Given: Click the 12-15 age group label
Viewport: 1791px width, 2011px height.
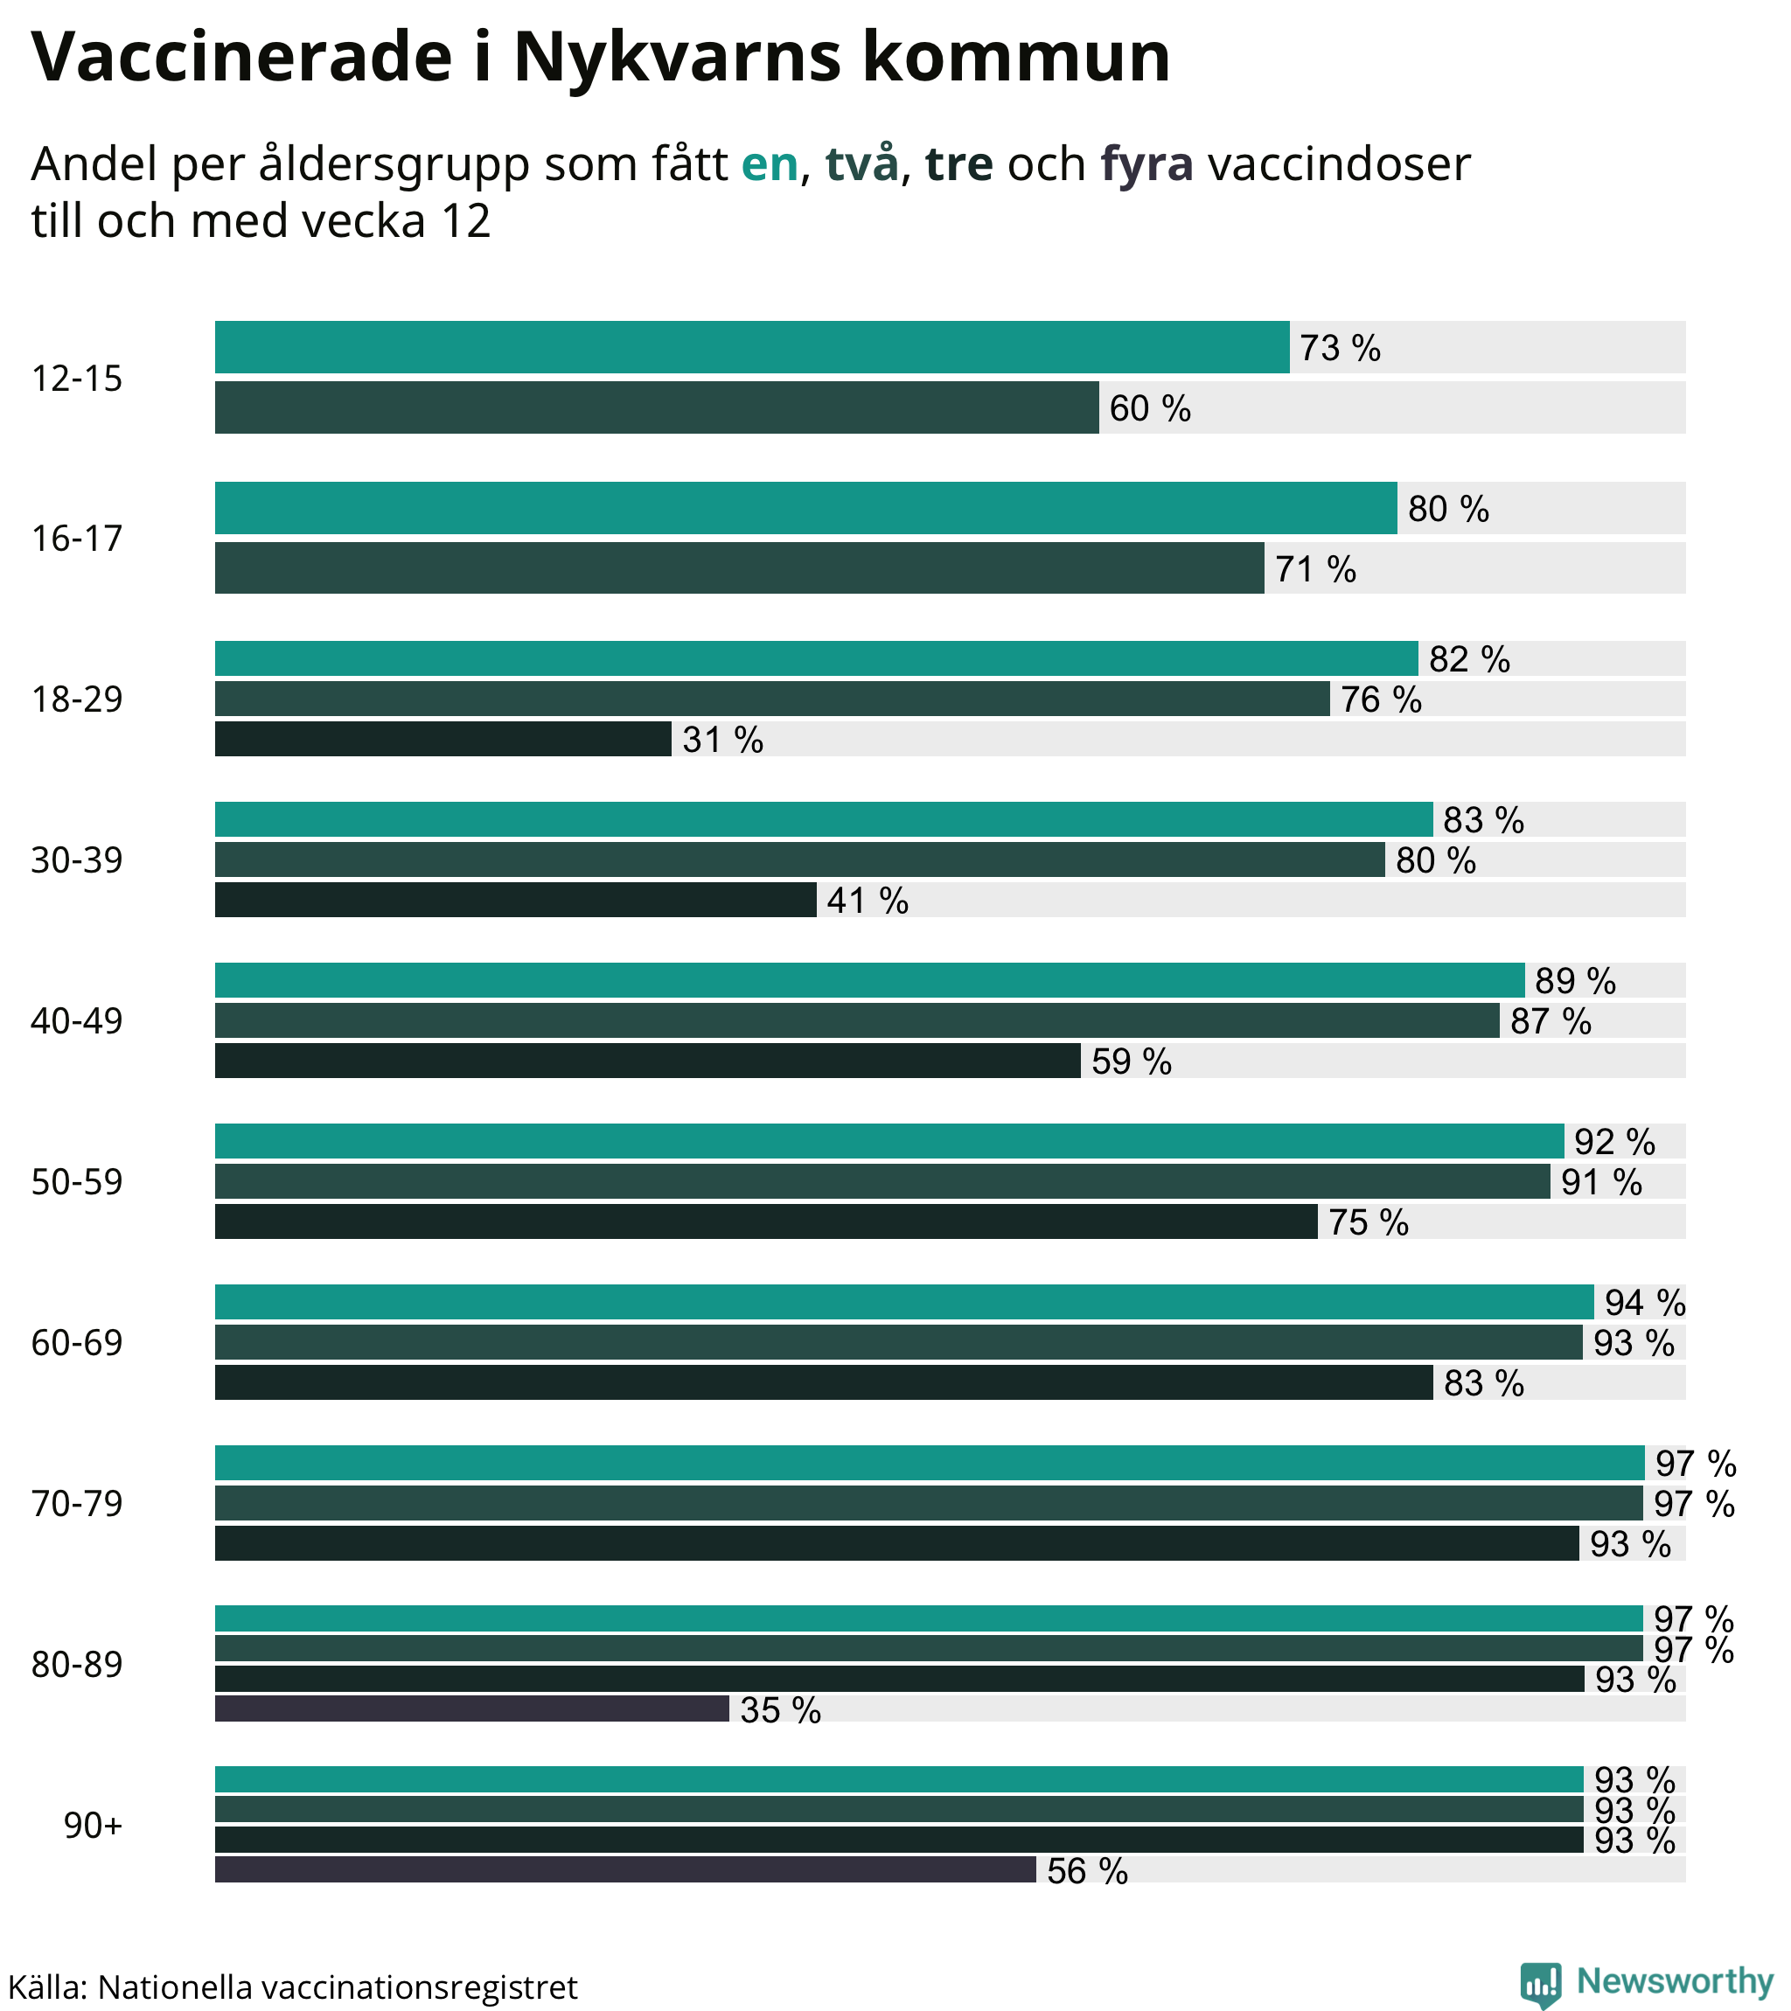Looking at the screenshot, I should tap(77, 379).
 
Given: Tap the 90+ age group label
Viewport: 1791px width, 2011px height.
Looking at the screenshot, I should tap(94, 1826).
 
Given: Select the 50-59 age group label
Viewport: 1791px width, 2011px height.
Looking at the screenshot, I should tap(77, 1181).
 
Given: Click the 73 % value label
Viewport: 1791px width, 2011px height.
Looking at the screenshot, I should tap(1339, 348).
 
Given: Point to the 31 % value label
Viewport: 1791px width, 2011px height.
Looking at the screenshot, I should tap(722, 740).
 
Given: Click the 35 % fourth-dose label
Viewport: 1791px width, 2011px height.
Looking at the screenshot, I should tap(780, 1711).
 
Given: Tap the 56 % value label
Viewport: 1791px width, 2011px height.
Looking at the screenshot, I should tap(1086, 1871).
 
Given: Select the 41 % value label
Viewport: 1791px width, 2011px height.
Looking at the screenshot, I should tap(867, 901).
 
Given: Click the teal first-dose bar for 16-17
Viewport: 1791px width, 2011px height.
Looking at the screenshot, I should tap(805, 509).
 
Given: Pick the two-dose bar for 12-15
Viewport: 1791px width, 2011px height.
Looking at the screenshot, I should tap(657, 408).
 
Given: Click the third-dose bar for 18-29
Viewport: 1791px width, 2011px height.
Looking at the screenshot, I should tap(443, 740).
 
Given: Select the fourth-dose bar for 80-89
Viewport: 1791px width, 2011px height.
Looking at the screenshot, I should tap(471, 1709).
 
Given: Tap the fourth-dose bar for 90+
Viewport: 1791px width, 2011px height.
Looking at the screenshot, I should tap(625, 1870).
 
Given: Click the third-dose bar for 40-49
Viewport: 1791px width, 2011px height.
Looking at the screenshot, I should tap(647, 1061).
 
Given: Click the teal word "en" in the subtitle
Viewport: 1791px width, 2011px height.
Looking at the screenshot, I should tap(769, 164).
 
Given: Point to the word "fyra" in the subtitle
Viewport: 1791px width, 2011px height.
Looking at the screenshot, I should tap(1146, 164).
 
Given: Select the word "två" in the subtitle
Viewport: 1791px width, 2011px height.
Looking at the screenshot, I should tap(862, 164).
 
